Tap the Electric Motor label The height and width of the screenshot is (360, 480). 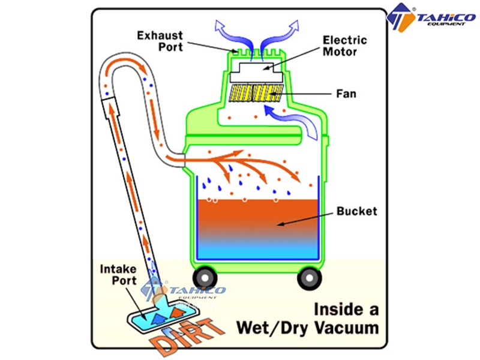344,46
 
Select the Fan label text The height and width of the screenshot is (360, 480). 346,94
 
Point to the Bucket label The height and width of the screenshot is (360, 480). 357,211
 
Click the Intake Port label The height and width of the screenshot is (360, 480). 118,275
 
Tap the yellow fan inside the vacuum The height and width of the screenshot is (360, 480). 256,93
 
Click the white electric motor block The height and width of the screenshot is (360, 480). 256,73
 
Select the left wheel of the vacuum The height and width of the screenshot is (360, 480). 205,278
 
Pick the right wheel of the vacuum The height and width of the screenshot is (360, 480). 310,278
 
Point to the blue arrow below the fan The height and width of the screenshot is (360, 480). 294,119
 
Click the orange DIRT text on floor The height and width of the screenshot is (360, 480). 187,337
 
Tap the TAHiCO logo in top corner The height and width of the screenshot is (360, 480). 431,17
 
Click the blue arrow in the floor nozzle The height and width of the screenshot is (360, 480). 160,319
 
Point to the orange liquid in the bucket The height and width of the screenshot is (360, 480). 258,217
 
